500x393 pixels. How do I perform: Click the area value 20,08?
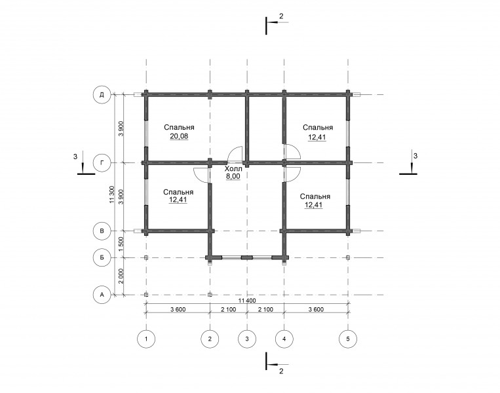point(179,136)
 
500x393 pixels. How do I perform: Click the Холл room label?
point(233,169)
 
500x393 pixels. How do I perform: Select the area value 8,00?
point(233,176)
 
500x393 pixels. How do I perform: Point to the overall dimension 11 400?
point(247,301)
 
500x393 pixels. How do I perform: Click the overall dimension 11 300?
point(111,195)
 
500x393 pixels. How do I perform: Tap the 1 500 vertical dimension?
point(121,244)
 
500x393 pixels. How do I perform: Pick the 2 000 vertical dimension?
point(121,276)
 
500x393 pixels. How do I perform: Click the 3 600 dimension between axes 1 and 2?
point(178,309)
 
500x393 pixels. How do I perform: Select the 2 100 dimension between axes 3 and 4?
point(265,309)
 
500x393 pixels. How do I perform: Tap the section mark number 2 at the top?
point(281,16)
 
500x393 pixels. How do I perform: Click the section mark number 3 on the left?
point(75,157)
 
